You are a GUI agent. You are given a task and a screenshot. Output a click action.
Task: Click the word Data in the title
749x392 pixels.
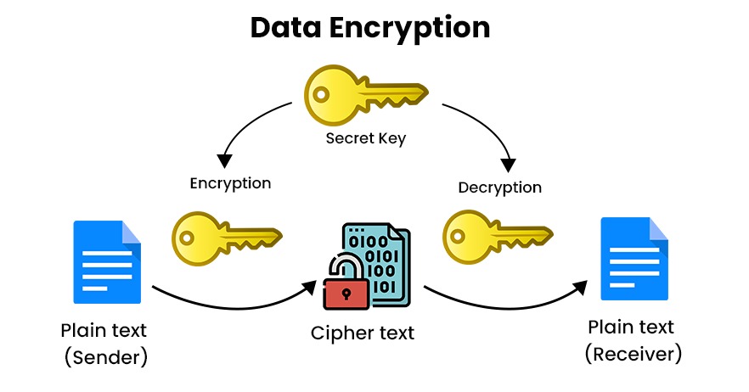[x=284, y=27]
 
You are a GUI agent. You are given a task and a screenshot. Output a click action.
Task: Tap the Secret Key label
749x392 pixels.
[x=365, y=138]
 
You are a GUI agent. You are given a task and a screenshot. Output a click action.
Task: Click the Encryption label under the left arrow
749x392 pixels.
[x=230, y=183]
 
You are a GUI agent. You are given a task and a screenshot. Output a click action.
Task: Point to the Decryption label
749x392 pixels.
[x=499, y=187]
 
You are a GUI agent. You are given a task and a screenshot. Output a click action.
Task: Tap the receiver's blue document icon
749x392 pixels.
[x=634, y=258]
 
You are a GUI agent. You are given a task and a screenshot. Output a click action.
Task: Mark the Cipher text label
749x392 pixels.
[x=362, y=333]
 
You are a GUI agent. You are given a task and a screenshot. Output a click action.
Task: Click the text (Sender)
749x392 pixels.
[x=106, y=357]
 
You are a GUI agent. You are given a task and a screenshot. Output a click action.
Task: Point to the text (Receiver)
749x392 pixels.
[x=633, y=353]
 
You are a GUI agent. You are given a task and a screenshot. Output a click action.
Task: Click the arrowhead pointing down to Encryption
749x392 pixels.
[x=224, y=160]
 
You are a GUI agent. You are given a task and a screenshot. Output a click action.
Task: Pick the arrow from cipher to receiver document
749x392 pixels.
[x=510, y=303]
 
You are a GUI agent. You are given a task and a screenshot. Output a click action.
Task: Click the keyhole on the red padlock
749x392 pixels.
[x=346, y=293]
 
